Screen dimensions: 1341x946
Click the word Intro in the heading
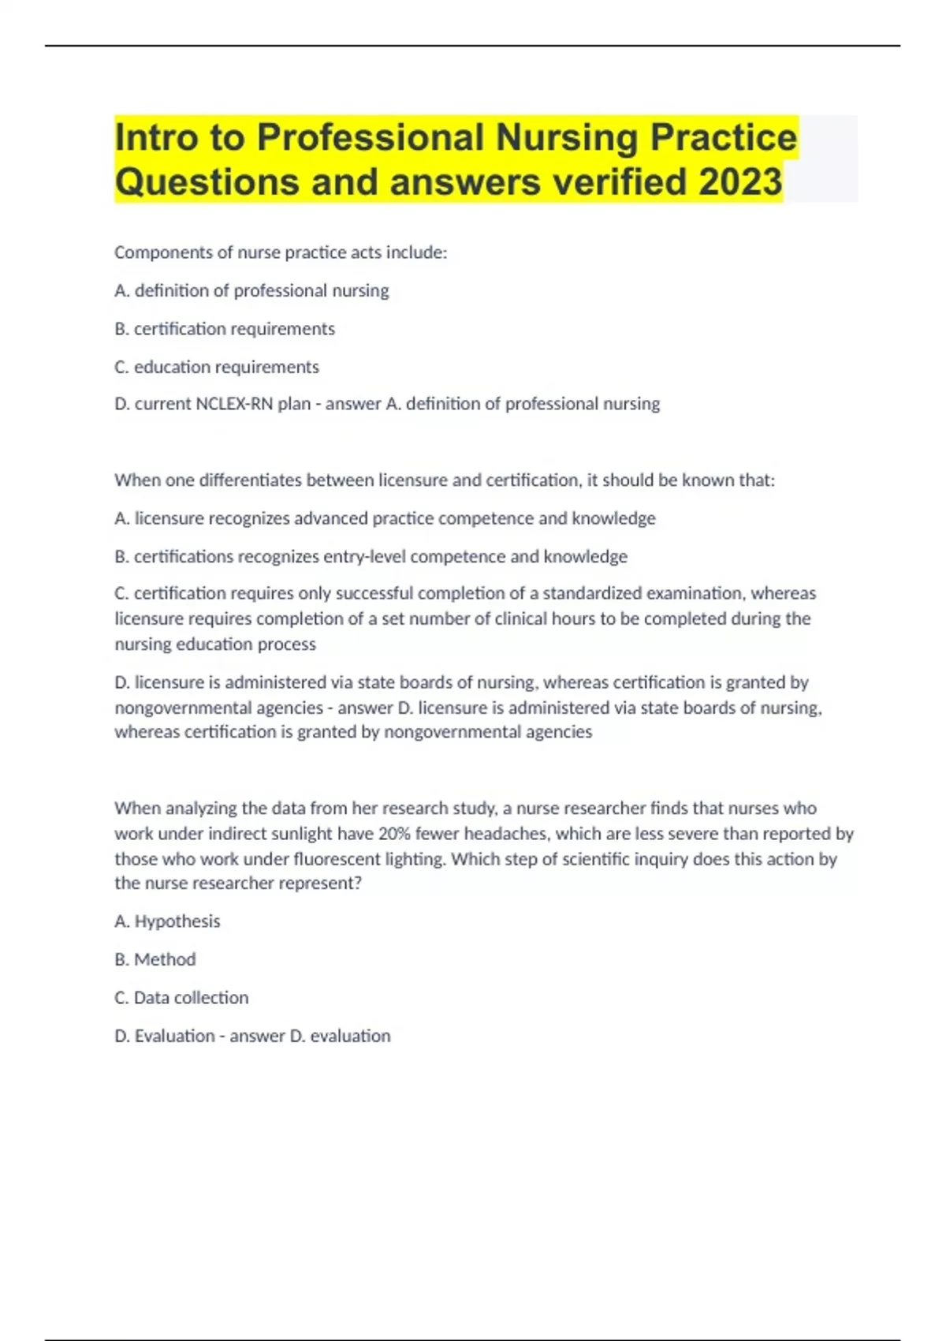tap(156, 137)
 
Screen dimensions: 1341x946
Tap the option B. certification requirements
tap(225, 329)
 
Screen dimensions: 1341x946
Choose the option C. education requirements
tap(217, 367)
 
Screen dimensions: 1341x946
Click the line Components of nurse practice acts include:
tap(281, 252)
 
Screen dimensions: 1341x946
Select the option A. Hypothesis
tap(167, 921)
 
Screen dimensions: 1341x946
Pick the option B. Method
tap(155, 959)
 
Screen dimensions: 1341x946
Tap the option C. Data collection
tap(181, 998)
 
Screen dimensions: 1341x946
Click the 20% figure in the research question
tap(395, 834)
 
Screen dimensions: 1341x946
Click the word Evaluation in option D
tap(174, 1036)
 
